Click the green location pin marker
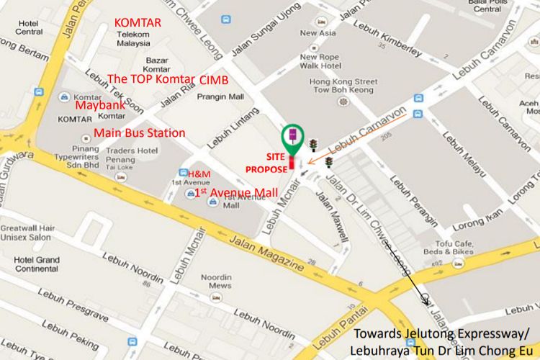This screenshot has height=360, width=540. click(292, 137)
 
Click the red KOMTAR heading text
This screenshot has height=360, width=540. click(137, 23)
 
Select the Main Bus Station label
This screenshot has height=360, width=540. click(139, 133)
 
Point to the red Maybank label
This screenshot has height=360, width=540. click(102, 105)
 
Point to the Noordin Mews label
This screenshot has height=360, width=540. click(216, 282)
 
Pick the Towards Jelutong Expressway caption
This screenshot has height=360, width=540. click(441, 340)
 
